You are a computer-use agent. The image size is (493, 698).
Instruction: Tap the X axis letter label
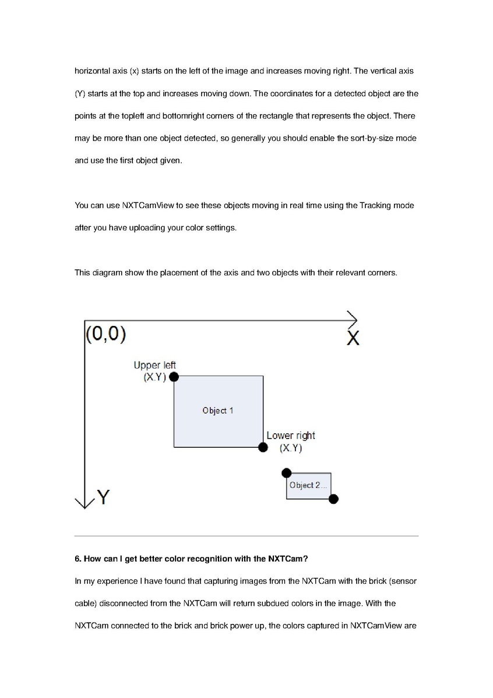[x=353, y=338]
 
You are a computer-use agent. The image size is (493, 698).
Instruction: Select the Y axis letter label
[x=104, y=497]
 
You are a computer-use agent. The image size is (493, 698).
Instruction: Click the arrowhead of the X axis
[x=353, y=320]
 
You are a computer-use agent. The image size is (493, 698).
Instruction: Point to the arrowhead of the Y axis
[x=85, y=503]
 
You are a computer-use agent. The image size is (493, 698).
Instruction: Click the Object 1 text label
[x=218, y=411]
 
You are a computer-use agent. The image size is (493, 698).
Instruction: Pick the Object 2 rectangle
[x=309, y=486]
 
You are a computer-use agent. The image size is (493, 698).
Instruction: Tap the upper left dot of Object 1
[x=174, y=377]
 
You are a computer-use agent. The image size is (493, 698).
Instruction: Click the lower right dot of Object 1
[x=263, y=447]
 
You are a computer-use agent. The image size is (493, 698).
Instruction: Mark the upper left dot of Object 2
[x=286, y=473]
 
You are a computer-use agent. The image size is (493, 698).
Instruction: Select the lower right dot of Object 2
[x=333, y=499]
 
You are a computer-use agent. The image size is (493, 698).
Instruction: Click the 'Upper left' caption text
[x=154, y=366]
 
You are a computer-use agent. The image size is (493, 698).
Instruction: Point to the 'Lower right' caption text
[x=291, y=436]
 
